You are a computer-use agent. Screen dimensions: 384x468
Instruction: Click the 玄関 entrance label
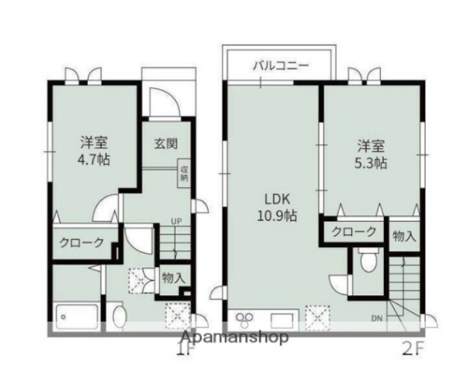click(x=166, y=145)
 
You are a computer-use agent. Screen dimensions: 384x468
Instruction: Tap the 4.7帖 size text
click(x=94, y=158)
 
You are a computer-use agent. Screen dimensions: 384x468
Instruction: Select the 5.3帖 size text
click(x=371, y=162)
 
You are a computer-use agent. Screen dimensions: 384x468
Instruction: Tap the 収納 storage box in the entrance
click(x=184, y=174)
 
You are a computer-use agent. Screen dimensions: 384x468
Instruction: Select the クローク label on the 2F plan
click(x=354, y=232)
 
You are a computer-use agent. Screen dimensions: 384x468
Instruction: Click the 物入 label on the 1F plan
click(x=172, y=278)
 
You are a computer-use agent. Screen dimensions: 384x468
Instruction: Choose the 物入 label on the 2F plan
click(x=405, y=235)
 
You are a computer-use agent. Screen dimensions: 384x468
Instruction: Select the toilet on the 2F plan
click(x=367, y=261)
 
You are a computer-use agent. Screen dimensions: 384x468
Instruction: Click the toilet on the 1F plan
click(x=120, y=315)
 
